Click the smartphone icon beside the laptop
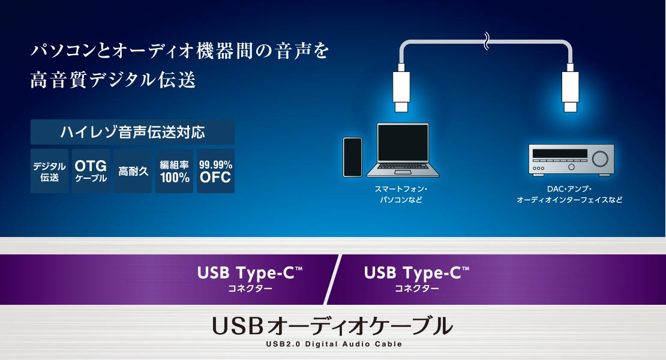[x=353, y=157]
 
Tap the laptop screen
[x=403, y=143]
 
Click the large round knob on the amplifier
[x=600, y=159]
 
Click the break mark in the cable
[x=487, y=41]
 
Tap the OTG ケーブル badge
[x=91, y=171]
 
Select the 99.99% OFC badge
[x=216, y=171]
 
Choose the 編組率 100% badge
[x=174, y=171]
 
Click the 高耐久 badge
[x=133, y=171]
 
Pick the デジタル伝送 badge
[x=49, y=171]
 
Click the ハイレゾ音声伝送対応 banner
[x=133, y=132]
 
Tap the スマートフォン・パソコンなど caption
[x=401, y=194]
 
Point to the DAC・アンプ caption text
[x=569, y=189]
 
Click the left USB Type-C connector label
[x=250, y=278]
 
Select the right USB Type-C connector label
[x=416, y=278]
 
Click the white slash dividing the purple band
[x=332, y=280]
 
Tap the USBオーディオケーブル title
[x=332, y=326]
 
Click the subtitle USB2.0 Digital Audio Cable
[x=334, y=344]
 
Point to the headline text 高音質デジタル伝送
[x=113, y=80]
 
